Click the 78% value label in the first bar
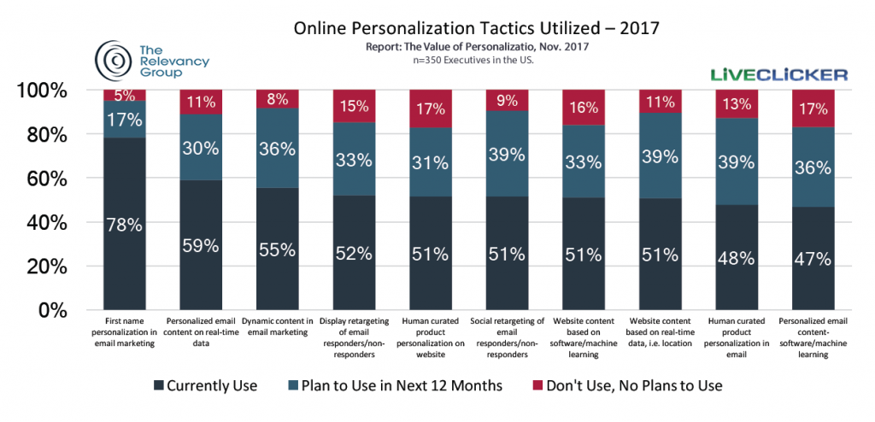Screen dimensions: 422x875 125,226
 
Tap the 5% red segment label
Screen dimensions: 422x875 125,96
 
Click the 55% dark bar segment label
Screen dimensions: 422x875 278,250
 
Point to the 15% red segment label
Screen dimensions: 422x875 354,108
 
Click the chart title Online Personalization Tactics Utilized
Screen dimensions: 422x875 476,29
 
